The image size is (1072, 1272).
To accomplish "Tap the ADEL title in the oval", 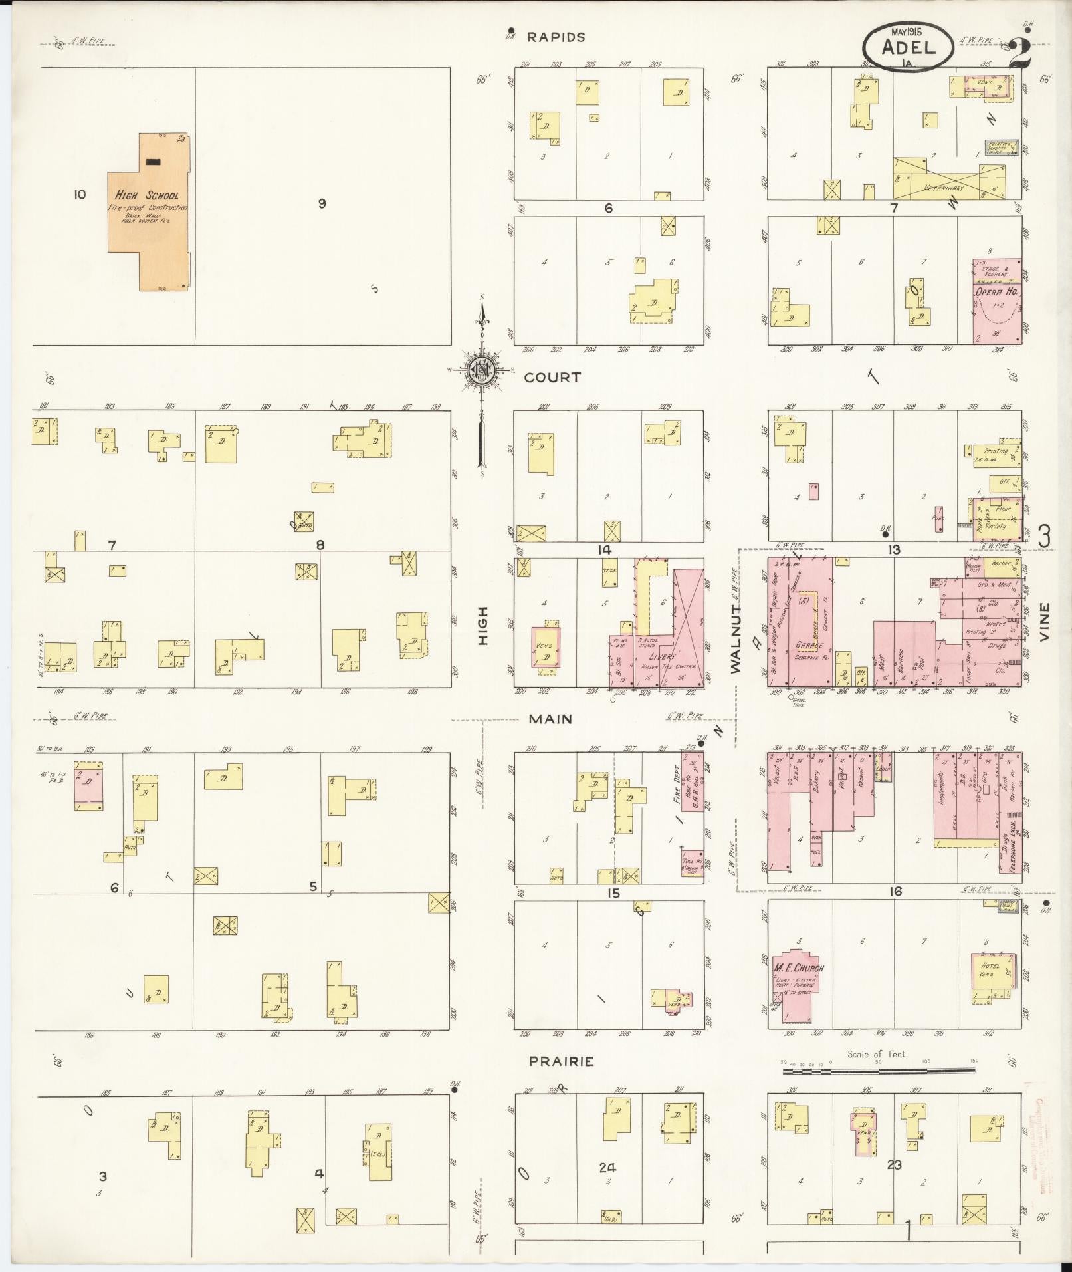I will (x=908, y=47).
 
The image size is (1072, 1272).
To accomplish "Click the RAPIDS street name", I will (x=556, y=37).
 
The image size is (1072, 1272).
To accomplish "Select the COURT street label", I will (x=552, y=377).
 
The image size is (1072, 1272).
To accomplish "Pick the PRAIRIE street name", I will (x=561, y=1061).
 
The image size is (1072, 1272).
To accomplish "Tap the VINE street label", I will (x=1044, y=622).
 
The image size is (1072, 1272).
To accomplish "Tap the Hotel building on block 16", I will (x=994, y=974).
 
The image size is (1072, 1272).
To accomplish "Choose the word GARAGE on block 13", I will (x=808, y=645).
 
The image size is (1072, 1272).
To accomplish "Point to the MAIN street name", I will (x=550, y=719).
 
